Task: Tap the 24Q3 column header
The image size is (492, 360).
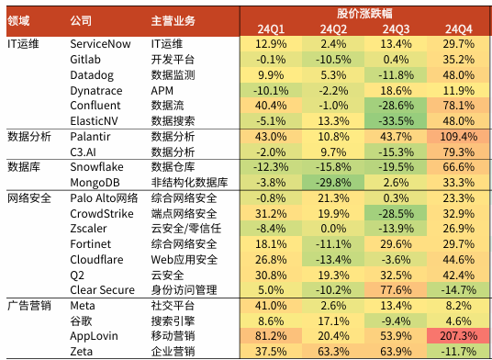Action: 397,28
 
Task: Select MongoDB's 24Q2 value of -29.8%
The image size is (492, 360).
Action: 334,182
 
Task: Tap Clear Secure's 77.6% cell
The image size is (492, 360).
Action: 397,289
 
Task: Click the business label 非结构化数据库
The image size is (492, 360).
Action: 189,182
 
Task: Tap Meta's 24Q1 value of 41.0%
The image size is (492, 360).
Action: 271,305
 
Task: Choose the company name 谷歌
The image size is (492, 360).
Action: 82,321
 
